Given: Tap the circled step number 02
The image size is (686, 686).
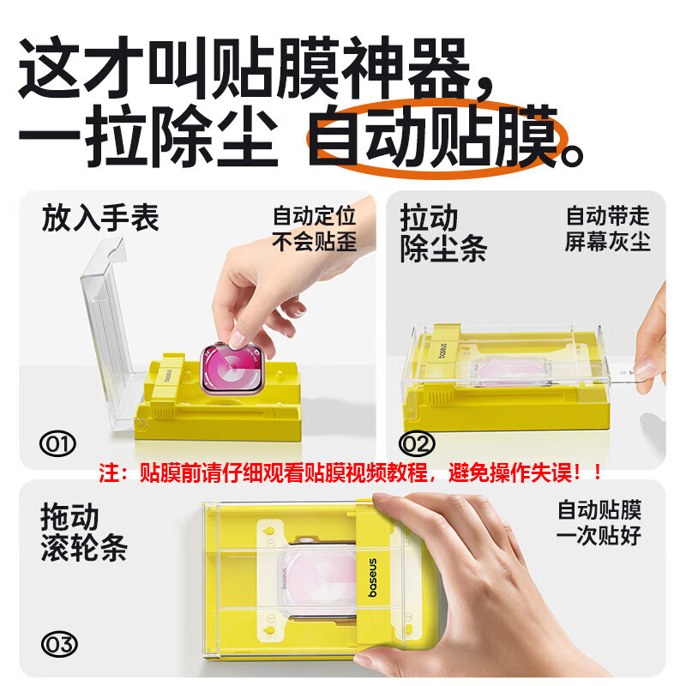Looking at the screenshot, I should coord(417,443).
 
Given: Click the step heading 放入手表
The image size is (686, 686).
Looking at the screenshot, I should coord(100,219).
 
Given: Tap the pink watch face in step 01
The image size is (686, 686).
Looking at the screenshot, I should coord(231,367).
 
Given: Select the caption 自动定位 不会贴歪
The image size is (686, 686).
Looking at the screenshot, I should coord(313,228).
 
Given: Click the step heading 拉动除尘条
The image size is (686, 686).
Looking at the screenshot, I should coord(442,233).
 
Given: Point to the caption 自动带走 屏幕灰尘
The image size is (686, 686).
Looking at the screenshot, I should coord(607,228).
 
